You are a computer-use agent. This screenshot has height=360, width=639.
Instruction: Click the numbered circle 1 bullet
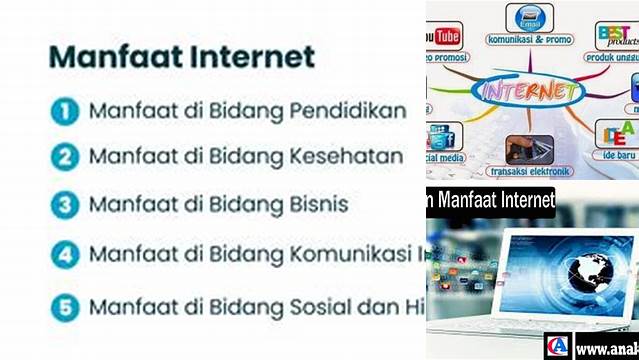tap(65, 111)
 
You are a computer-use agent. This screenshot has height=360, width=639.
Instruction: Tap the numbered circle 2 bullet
tap(65, 157)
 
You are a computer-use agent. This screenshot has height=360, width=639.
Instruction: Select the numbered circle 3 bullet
tap(65, 205)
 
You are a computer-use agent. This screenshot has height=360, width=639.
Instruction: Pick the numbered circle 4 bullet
tap(65, 254)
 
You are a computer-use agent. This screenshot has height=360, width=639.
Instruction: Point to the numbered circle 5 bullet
tap(65, 307)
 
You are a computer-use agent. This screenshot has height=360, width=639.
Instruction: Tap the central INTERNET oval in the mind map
tap(529, 92)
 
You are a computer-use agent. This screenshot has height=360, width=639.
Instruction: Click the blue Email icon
tap(529, 18)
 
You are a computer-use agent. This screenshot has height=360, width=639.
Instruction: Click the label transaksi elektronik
tap(531, 171)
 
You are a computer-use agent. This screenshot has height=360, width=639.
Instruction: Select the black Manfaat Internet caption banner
tap(490, 200)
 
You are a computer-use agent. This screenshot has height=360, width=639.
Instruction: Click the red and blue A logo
tap(557, 346)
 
